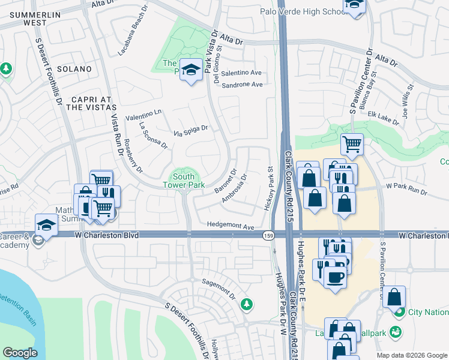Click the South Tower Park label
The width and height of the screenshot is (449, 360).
pos(183,181)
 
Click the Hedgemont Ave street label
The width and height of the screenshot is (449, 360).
pos(231,226)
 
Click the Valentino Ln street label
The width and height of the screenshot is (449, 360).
pos(143,115)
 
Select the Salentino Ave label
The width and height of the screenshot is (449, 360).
pos(242,73)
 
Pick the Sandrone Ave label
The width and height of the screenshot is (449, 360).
pos(242,85)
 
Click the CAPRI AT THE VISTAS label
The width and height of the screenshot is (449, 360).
pos(90,103)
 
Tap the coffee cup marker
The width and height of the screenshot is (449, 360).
pos(336,277)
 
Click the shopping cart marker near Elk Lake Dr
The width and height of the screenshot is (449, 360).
pos(352,143)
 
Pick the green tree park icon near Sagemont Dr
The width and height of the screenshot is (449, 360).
pos(246,305)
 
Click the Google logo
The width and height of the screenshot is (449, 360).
pos(20,352)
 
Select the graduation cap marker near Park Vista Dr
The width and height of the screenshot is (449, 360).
pos(191,71)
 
